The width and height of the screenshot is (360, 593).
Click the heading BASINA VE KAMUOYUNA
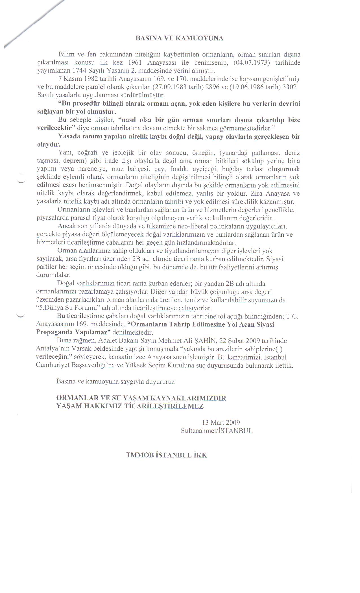(x=180, y=39)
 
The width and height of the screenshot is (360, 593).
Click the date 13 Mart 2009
(x=221, y=422)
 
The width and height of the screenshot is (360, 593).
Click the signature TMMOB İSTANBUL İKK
(x=167, y=455)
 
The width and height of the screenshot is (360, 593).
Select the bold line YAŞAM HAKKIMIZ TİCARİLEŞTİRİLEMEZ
(x=130, y=406)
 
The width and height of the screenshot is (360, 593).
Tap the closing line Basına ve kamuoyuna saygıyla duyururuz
(x=115, y=382)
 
